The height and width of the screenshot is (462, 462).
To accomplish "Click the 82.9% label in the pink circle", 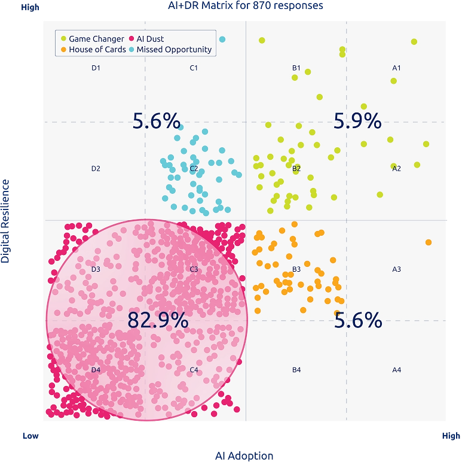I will point(158,321).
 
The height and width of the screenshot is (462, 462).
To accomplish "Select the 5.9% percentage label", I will point(357,121).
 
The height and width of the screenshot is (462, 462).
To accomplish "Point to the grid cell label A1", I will point(396,68).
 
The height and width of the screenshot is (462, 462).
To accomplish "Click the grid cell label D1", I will point(96,68).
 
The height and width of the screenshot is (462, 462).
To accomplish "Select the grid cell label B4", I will point(296,370).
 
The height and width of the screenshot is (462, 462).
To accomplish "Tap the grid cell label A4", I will point(396,370).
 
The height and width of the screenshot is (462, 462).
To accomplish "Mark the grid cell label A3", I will point(396,269).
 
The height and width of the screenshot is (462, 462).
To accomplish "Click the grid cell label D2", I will point(96,169).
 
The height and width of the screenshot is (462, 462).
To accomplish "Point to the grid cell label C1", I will point(194,68).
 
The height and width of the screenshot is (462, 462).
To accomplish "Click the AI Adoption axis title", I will point(244,455).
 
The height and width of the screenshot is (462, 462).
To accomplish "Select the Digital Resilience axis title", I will point(5,220).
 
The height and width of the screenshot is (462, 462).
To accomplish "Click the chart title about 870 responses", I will point(246,5).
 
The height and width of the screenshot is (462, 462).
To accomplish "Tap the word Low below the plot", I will point(30,436).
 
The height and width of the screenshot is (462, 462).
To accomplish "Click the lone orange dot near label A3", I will point(429,242).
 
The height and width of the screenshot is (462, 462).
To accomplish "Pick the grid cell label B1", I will point(296,68).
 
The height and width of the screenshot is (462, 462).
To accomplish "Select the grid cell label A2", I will point(396,169).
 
